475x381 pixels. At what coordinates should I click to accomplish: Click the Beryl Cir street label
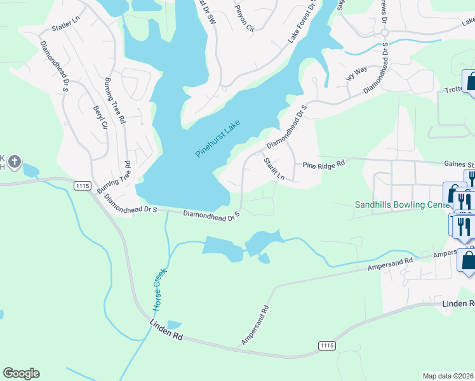pyautogui.click(x=100, y=117)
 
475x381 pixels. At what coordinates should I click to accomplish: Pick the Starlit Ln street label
pyautogui.click(x=274, y=169)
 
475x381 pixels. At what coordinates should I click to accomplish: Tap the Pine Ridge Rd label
pyautogui.click(x=323, y=164)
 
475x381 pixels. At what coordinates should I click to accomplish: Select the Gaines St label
pyautogui.click(x=460, y=163)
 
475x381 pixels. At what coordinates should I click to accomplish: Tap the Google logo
pyautogui.click(x=21, y=373)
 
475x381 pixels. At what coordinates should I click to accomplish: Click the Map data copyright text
pyautogui.click(x=448, y=375)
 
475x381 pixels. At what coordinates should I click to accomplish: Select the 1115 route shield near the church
pyautogui.click(x=81, y=185)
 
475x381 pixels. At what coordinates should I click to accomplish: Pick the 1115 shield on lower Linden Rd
pyautogui.click(x=326, y=345)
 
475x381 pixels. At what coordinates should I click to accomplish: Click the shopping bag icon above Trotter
pyautogui.click(x=471, y=82)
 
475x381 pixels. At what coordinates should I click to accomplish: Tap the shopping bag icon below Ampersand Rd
pyautogui.click(x=467, y=260)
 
